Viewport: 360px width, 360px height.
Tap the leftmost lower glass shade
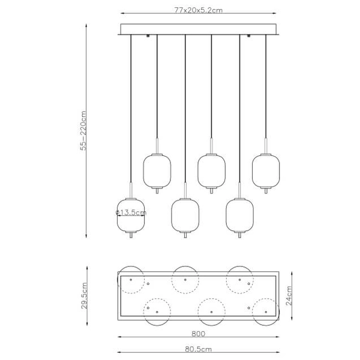point(130,214)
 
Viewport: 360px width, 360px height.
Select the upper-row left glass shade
point(157,170)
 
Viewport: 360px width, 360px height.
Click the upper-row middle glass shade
point(211,170)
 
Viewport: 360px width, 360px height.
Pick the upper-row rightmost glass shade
point(265,170)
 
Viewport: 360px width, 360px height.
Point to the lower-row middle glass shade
point(185,215)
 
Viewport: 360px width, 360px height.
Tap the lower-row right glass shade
point(239,215)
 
